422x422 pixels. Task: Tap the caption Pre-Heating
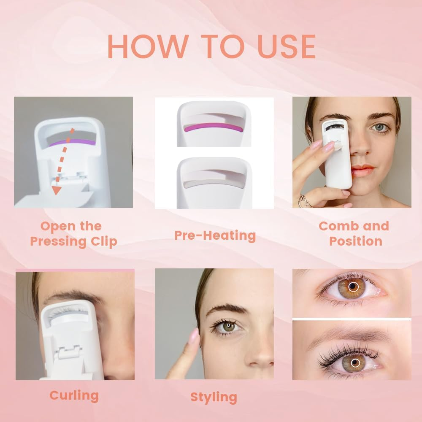point(215,235)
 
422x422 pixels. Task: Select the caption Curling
point(74,395)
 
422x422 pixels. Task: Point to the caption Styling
point(214,397)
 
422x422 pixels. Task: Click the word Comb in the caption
point(335,226)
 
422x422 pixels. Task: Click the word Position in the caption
point(356,241)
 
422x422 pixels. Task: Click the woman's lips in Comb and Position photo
point(362,170)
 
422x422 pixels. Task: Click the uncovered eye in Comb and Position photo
point(379,127)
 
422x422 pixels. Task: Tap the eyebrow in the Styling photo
point(227,309)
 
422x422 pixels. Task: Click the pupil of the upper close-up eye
point(353,287)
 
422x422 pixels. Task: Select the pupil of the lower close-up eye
point(353,362)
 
